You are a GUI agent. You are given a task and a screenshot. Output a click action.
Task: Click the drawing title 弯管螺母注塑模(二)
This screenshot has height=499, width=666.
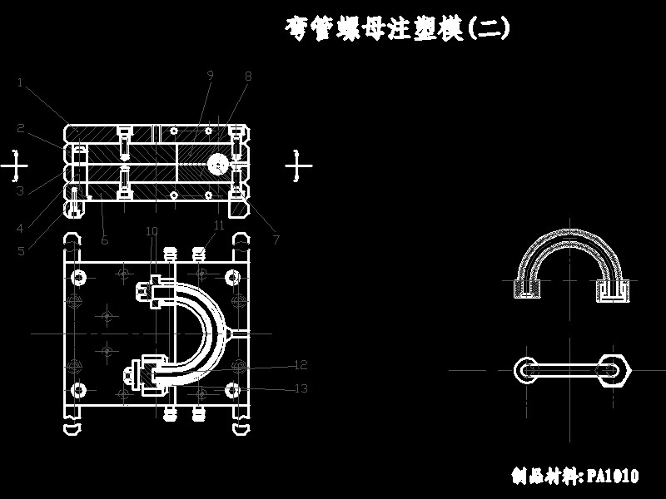(x=397, y=28)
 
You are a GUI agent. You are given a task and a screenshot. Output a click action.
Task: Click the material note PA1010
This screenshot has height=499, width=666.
(x=575, y=476)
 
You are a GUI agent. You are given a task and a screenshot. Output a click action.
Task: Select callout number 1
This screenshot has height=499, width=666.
(x=20, y=82)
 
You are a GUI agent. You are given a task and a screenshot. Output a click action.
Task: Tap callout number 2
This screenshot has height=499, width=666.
(x=21, y=128)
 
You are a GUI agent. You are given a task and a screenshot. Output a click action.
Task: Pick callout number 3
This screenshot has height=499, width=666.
(x=20, y=190)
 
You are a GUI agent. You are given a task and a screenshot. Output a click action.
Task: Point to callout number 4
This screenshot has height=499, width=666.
(x=21, y=227)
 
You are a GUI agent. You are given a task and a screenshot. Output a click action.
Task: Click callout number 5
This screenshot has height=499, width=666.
(x=21, y=250)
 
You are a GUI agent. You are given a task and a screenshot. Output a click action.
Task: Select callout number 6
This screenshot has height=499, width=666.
(x=104, y=240)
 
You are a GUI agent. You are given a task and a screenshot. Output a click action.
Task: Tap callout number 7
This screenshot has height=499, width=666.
(x=276, y=240)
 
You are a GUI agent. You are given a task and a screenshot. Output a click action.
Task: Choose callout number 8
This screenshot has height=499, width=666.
(x=247, y=76)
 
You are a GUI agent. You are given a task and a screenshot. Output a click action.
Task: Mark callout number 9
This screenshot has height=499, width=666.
(x=210, y=75)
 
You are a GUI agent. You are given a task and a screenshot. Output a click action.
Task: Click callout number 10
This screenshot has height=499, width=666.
(x=152, y=230)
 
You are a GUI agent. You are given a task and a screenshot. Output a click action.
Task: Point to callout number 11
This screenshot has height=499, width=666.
(x=219, y=225)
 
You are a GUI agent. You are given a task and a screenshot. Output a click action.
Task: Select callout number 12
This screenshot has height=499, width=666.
(x=301, y=364)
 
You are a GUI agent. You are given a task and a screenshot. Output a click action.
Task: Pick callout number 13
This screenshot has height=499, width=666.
(x=301, y=388)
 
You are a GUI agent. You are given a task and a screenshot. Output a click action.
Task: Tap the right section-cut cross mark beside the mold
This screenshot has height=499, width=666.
(x=297, y=166)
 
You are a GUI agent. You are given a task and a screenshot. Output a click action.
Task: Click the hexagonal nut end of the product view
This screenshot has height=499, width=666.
(x=615, y=369)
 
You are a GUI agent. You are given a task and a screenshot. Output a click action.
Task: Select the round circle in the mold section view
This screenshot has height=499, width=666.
(x=219, y=165)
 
